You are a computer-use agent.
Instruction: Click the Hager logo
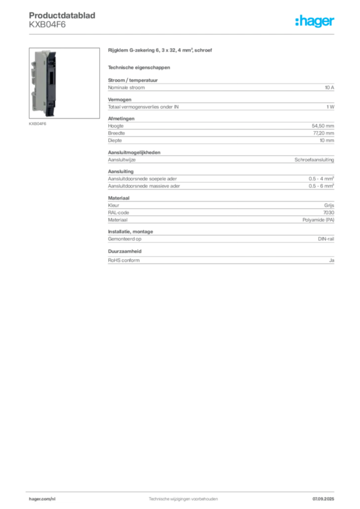click(315, 21)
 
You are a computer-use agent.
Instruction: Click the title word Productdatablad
click(62, 15)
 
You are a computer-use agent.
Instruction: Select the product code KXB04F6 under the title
click(47, 25)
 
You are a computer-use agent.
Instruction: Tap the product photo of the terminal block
click(64, 83)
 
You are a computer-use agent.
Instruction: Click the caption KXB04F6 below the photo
click(37, 124)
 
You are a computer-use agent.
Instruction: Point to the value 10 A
click(330, 87)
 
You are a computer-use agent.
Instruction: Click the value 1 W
click(331, 107)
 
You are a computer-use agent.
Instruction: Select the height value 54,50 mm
click(323, 126)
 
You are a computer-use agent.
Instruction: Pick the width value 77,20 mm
click(324, 133)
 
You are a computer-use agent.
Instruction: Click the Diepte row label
click(115, 141)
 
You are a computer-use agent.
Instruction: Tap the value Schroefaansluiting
click(314, 160)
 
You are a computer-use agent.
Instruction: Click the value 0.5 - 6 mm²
click(321, 186)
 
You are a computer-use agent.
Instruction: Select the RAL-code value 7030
click(329, 213)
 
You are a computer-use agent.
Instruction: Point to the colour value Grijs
click(329, 205)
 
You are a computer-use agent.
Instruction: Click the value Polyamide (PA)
click(318, 220)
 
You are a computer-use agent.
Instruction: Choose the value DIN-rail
click(326, 239)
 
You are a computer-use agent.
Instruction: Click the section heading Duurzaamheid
click(125, 251)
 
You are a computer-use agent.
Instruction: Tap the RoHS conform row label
click(124, 260)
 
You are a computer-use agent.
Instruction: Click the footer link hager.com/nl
click(42, 499)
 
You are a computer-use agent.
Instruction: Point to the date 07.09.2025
click(323, 499)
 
